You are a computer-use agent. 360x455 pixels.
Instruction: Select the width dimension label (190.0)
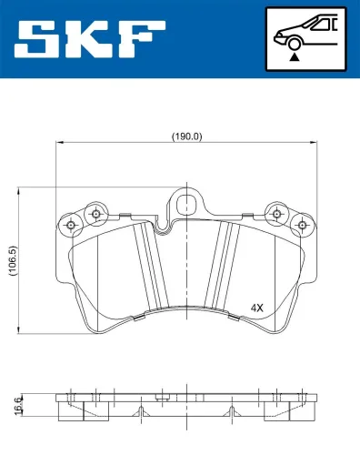pos(186,136)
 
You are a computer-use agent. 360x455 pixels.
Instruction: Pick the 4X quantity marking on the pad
pos(257,308)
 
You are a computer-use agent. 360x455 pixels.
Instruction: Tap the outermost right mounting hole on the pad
pos(300,222)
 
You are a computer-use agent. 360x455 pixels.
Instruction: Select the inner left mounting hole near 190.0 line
pos(94,213)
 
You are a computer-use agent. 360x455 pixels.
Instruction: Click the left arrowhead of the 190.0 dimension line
pos(60,143)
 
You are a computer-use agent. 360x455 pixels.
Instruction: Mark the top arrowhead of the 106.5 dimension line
pos(20,192)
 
